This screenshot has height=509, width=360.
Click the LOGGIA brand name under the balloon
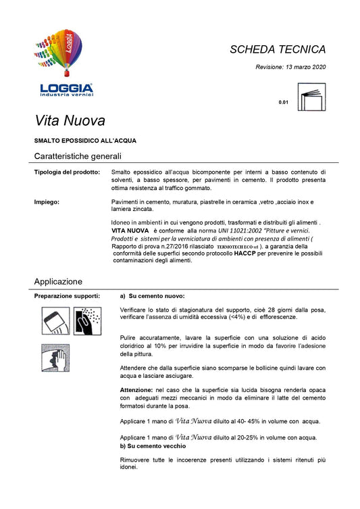pos(66,88)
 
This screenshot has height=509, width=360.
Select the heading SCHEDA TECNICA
pos(278,49)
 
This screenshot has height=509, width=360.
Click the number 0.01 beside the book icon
pos(283,103)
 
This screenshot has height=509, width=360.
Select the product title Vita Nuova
pos(70,122)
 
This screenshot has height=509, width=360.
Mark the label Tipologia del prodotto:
pos(67,172)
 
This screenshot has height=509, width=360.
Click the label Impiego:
pos(47,202)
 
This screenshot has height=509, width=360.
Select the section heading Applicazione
pos(58,281)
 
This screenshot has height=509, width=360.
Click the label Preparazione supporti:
pos(67,296)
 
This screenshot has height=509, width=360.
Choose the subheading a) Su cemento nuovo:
pos(152,296)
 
